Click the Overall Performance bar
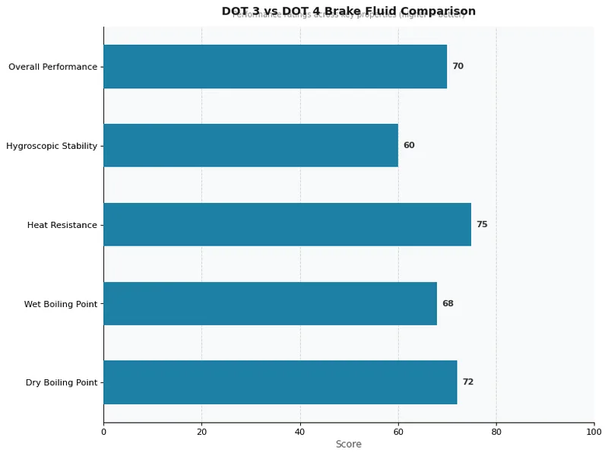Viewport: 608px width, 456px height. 275,67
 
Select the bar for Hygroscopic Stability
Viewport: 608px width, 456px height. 251,145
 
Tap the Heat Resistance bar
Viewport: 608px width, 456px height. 287,224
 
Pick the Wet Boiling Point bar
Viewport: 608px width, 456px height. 270,303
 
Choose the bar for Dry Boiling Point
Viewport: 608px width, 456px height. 280,382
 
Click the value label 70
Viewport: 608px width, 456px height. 458,67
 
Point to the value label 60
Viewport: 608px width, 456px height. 409,145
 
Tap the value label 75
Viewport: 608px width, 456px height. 482,224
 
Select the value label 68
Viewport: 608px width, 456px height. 448,303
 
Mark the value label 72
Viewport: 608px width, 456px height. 467,382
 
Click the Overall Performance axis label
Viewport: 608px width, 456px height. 52,67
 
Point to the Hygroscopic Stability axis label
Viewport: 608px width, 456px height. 52,146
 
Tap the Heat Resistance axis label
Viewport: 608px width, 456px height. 62,225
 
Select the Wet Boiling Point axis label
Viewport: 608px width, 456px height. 61,304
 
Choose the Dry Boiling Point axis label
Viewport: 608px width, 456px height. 62,383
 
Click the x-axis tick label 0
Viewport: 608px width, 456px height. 103,432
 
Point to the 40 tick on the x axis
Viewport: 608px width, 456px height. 300,432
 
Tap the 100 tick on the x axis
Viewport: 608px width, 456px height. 594,432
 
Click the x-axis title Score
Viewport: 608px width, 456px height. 349,445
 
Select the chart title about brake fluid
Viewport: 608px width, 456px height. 349,11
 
